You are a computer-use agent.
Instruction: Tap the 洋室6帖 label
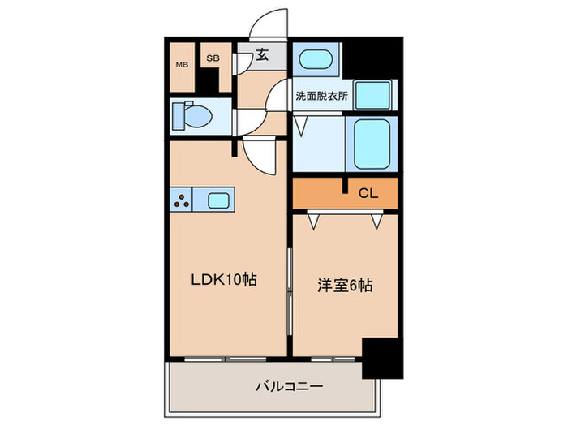pyautogui.click(x=344, y=286)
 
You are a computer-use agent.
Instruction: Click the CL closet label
pyautogui.click(x=368, y=193)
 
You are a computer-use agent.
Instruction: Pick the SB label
pyautogui.click(x=212, y=58)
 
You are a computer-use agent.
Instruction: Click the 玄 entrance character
pyautogui.click(x=263, y=56)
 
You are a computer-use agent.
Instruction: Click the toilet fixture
pyautogui.click(x=191, y=115)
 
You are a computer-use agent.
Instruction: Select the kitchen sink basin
pyautogui.click(x=219, y=200)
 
